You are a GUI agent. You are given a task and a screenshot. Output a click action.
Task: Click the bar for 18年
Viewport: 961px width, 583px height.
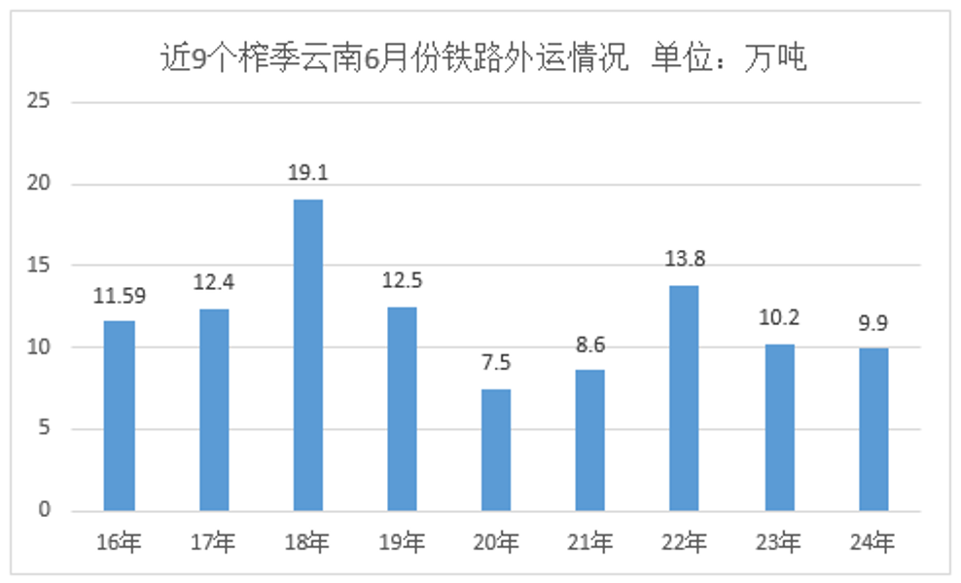tap(308, 355)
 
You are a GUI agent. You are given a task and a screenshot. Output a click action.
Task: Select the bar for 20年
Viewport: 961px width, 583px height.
tap(496, 450)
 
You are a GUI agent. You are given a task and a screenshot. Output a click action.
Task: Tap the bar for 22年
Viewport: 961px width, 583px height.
tap(684, 398)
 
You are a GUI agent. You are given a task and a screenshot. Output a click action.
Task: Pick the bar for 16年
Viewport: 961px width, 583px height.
tap(120, 416)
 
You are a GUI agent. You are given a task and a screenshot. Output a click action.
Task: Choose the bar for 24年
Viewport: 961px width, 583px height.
tap(872, 429)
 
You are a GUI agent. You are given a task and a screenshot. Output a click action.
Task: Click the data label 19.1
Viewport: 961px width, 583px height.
tap(308, 173)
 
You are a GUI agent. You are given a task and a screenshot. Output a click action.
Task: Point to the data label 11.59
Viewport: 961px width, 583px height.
tap(120, 295)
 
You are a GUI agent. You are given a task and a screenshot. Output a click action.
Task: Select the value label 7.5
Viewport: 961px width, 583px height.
tap(496, 363)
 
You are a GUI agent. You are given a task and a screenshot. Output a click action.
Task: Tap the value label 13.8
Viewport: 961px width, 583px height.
tap(684, 259)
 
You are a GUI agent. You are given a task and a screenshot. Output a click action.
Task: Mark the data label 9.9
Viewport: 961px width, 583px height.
tap(872, 322)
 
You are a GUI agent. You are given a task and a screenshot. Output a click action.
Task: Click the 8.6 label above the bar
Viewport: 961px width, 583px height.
tap(590, 344)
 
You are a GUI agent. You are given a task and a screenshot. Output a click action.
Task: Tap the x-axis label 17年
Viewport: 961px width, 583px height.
tap(213, 541)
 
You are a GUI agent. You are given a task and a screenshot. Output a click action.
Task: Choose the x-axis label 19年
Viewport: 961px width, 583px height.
tap(402, 541)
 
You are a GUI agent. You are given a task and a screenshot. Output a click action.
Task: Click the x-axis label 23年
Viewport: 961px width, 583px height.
tap(778, 541)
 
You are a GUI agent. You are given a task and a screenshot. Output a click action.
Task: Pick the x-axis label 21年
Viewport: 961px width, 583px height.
tap(590, 541)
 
